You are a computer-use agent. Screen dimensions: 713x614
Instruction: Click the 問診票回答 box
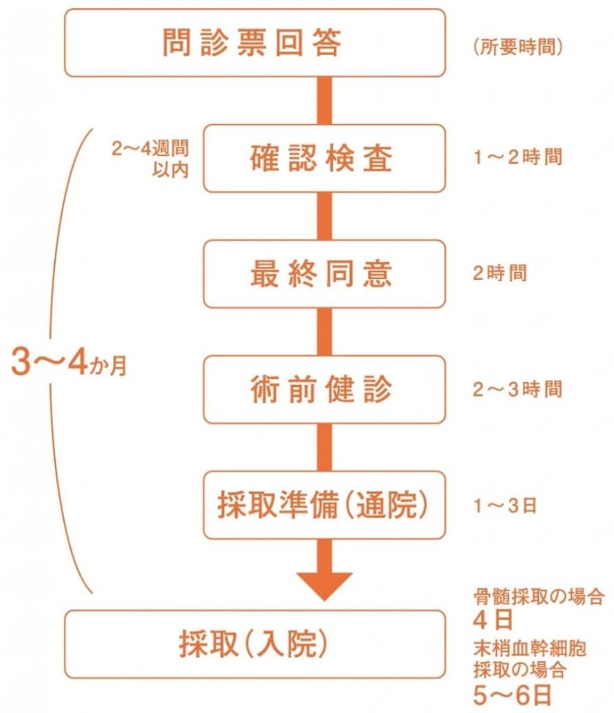[255, 43]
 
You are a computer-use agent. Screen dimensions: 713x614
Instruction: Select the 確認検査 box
[324, 158]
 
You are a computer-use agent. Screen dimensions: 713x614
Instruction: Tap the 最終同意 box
[324, 274]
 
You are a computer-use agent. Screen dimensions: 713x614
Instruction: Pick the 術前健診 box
[324, 389]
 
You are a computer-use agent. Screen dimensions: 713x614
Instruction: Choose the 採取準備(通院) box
[324, 505]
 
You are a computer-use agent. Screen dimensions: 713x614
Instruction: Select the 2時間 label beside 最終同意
[499, 273]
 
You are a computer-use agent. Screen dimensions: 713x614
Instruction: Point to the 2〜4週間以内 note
[150, 159]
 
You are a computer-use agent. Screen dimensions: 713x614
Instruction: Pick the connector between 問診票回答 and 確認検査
[324, 100]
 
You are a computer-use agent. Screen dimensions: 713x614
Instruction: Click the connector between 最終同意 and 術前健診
[324, 331]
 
